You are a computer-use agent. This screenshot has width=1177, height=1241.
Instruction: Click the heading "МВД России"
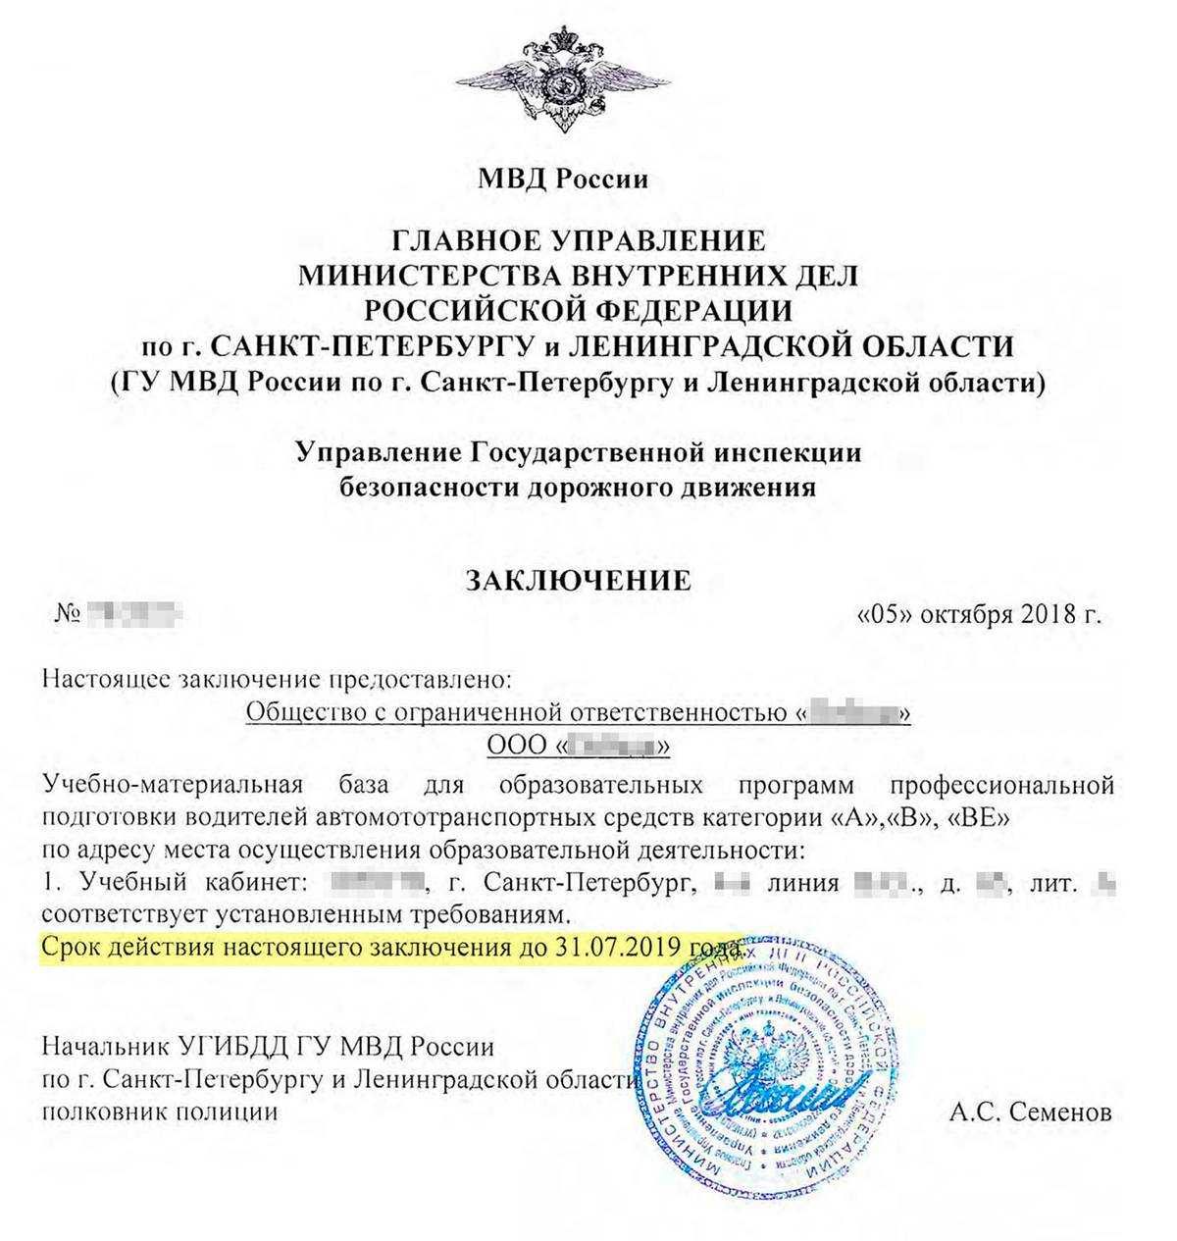click(x=563, y=180)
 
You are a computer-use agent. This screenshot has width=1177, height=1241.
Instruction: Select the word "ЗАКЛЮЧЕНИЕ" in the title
click(x=578, y=580)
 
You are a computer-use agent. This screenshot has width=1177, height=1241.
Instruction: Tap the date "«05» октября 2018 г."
click(x=979, y=615)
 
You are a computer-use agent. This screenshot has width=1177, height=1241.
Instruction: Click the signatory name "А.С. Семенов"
click(x=1031, y=1112)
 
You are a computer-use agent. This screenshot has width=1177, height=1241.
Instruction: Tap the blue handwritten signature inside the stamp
click(x=780, y=1089)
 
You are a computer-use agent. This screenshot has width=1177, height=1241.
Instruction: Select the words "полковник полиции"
click(x=159, y=1112)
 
